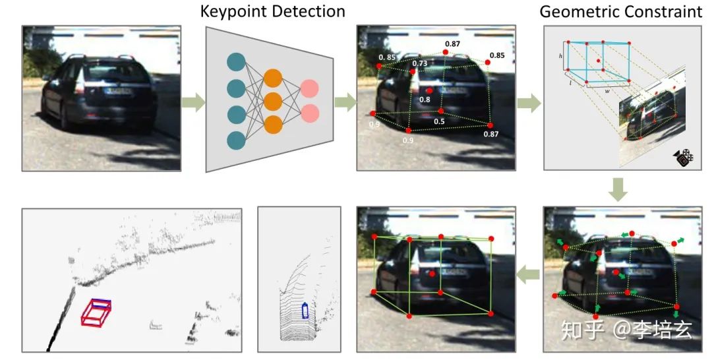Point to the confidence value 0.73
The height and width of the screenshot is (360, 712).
(419, 63)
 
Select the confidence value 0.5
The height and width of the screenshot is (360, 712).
(438, 121)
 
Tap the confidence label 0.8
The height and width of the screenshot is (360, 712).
(425, 100)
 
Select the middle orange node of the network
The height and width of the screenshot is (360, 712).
(273, 102)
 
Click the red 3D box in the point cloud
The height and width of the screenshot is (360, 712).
(96, 312)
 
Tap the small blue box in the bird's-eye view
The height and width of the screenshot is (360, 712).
(305, 311)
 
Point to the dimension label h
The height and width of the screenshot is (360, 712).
(560, 57)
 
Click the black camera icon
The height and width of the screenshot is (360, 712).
(684, 158)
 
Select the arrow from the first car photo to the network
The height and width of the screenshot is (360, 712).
(193, 102)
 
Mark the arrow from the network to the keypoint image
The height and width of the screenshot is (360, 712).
(343, 102)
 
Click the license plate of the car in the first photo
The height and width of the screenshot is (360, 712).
(119, 92)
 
